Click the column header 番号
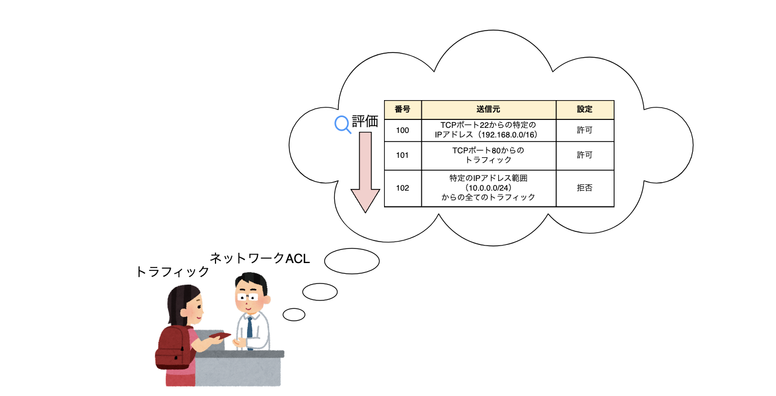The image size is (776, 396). point(402,109)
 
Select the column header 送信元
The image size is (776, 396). point(488,109)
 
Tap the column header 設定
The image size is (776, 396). point(584,109)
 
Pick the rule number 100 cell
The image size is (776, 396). point(402,130)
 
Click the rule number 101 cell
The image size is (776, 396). point(402,155)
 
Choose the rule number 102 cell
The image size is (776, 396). point(402,188)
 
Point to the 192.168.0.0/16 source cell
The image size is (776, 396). point(488,130)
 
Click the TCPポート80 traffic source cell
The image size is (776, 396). point(488,155)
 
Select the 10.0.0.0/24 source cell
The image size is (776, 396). point(488,188)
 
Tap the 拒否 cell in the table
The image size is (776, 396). point(584,188)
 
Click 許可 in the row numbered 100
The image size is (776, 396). point(584,130)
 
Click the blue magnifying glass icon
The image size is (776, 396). point(343,124)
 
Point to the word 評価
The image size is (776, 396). point(365,122)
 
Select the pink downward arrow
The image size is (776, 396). point(365,172)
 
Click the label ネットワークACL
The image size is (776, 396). point(260,259)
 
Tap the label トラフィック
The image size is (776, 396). point(173,272)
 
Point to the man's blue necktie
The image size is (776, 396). point(249,332)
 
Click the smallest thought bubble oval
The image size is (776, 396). point(294,314)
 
